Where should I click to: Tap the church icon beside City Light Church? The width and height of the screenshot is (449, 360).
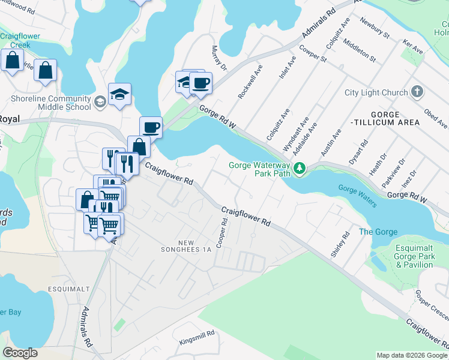click(418, 92)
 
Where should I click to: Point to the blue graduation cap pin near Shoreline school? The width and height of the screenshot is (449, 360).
click(120, 94)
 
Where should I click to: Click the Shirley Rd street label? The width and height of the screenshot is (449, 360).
click(340, 245)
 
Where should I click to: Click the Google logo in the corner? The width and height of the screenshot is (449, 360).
click(20, 353)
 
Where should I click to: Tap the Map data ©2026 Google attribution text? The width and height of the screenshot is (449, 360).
click(411, 355)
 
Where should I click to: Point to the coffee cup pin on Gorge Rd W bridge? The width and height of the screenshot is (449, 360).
click(151, 127)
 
